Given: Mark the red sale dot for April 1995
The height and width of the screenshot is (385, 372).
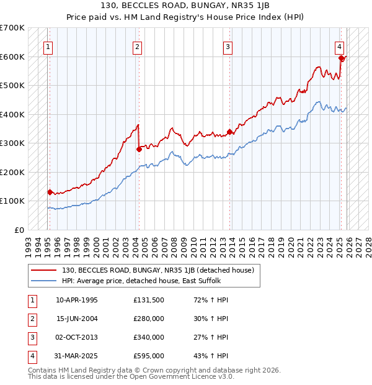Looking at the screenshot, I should point(50,192).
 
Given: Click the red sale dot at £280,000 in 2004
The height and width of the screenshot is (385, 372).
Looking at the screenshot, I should point(139,149).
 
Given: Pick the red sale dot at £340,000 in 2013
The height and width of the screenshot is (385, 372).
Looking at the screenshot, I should point(229,132).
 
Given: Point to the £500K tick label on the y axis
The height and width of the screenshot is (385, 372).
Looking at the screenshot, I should point(12,85).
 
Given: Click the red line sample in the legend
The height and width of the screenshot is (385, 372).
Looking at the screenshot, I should point(43,270).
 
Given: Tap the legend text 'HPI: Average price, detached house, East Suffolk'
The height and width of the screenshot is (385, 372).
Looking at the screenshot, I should point(159,281).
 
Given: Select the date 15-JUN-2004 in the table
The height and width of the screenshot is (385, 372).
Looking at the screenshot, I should point(77,319).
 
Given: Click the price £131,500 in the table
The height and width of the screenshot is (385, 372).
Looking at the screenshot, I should point(149,300).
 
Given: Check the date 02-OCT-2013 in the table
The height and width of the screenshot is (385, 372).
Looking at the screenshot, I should point(77,337).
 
